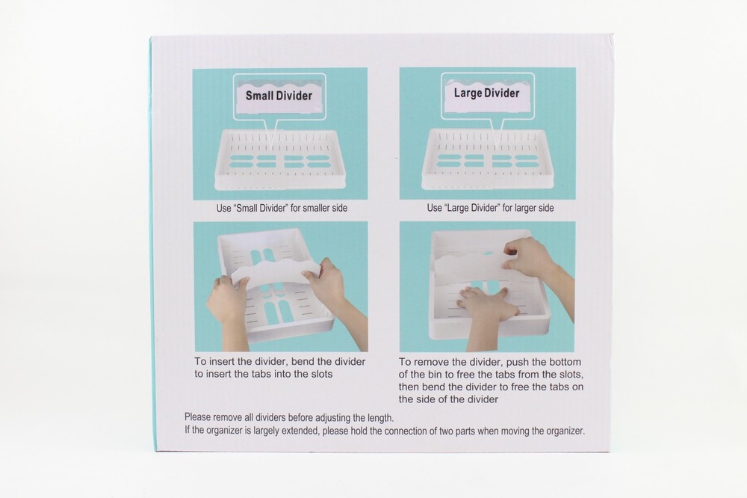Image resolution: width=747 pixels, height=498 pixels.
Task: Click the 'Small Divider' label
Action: [279, 96]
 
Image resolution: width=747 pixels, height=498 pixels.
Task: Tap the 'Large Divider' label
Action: [486, 93]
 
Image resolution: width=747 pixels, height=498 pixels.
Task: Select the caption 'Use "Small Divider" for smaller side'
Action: [282, 208]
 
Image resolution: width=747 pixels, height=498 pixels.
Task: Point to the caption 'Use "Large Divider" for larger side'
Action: [490, 208]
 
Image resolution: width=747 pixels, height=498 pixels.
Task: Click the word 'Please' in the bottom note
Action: [197, 417]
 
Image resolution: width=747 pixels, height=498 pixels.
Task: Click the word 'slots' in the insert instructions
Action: [320, 374]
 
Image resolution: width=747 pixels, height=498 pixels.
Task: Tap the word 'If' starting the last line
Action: [187, 430]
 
